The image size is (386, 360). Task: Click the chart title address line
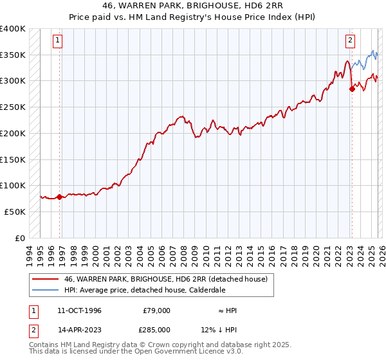coord(192,5)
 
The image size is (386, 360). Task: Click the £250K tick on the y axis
coord(13,107)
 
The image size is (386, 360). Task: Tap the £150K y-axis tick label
coord(13,159)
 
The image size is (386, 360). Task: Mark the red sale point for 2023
coord(352,89)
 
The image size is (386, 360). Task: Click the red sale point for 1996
coord(60,197)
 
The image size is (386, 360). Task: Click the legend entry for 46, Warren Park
coord(169,279)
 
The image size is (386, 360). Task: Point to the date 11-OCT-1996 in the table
coord(79,310)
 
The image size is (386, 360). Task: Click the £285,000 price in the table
coord(156,328)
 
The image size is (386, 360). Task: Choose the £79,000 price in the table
coord(156,310)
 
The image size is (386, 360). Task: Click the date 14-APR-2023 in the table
coord(79,328)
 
